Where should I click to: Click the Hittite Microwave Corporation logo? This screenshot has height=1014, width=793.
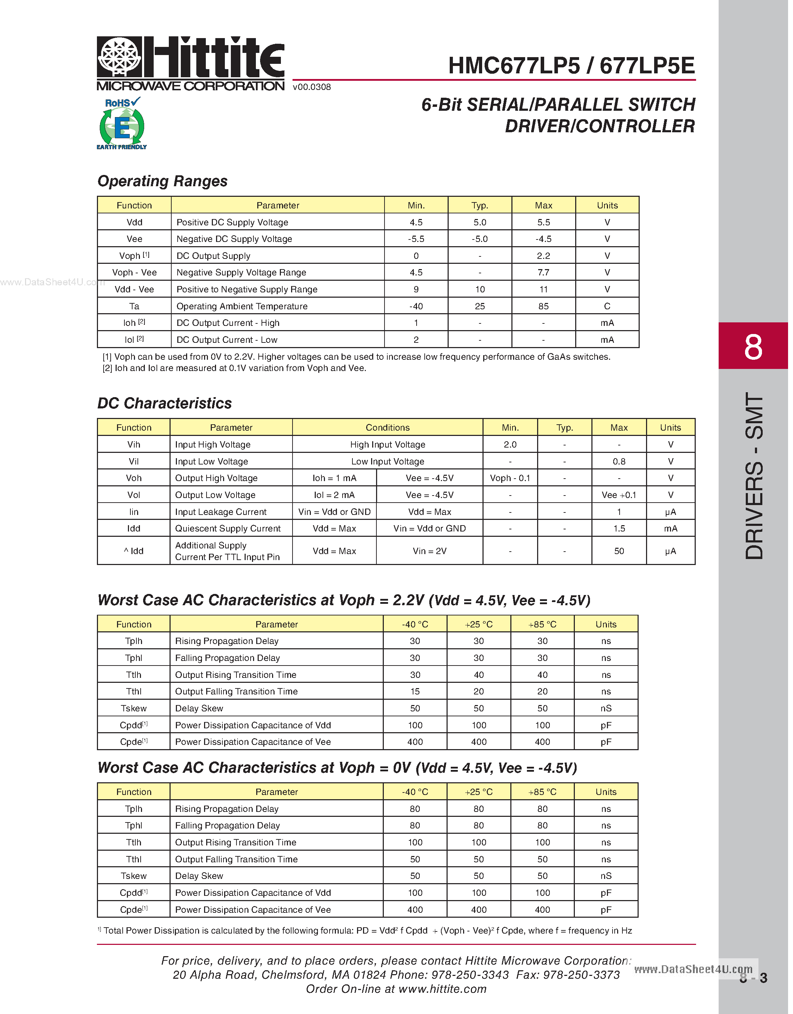190,63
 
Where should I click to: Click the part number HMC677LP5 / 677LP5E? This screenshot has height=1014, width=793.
571,66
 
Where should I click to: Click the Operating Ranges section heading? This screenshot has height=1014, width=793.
162,181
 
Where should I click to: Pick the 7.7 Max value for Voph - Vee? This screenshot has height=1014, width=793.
543,273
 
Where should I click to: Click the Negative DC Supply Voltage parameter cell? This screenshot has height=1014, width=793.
234,239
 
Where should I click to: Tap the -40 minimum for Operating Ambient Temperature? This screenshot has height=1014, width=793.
416,306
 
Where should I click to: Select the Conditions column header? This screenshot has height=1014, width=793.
388,428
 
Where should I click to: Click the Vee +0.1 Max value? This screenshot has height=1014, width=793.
619,495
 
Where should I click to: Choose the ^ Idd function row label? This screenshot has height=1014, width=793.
134,551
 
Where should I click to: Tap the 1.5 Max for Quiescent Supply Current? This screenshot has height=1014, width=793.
619,529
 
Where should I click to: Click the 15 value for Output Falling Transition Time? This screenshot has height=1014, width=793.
415,692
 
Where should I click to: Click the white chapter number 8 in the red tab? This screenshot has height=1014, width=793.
753,346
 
